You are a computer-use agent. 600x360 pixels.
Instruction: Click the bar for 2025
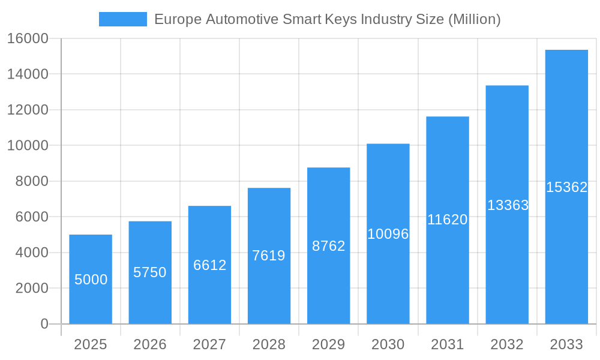coord(91,279)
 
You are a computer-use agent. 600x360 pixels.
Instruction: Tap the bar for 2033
coord(566,187)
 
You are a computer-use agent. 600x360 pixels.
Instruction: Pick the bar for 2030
coord(388,234)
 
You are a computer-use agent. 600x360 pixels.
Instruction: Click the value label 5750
coord(150,272)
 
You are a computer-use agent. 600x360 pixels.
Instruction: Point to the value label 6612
coord(209,265)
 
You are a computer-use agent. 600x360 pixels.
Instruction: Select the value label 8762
coord(329,246)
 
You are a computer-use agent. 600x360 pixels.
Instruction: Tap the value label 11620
coord(448,220)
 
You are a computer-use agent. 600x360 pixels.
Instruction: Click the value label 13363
coord(508,205)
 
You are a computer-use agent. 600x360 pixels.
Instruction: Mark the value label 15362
coord(566,187)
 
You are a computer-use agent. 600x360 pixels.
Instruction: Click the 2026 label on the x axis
coord(150,344)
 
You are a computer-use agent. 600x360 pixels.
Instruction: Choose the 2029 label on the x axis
coord(329,344)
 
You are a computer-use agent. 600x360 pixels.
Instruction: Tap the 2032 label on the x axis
coord(507,344)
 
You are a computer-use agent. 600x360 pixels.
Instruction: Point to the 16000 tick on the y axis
coord(28,39)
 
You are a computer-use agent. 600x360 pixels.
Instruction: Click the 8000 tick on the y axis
coord(31,181)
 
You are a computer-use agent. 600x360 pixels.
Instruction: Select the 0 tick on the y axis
coord(44,324)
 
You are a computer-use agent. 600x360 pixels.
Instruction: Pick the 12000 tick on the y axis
coord(28,110)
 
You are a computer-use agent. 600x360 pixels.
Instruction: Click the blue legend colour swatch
coord(123,19)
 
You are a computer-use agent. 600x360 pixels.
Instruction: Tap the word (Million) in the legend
coord(474,19)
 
